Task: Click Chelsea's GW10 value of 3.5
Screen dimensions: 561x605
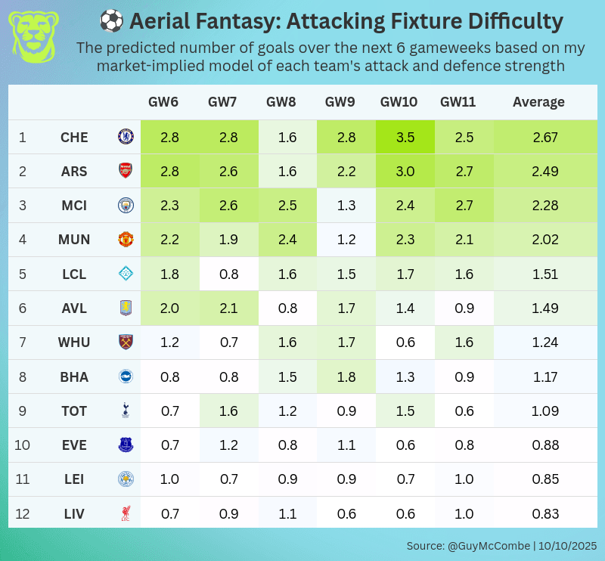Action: point(405,138)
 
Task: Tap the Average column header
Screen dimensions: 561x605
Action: point(538,102)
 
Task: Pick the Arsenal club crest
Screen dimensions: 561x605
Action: point(125,172)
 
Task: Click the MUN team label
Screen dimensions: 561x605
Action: point(74,240)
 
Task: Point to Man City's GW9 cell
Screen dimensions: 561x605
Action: point(346,206)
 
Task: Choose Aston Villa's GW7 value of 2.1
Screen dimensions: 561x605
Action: point(228,308)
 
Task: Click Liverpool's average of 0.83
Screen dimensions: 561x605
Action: point(544,513)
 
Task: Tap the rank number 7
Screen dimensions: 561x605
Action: point(23,342)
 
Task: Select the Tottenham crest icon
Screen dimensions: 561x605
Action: point(125,411)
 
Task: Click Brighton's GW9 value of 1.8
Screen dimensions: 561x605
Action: point(346,377)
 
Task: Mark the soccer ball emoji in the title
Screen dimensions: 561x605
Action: point(111,21)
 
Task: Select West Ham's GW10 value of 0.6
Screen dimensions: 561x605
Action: point(405,342)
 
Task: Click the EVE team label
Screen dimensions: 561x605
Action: point(74,445)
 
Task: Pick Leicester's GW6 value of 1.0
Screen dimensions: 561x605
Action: point(170,479)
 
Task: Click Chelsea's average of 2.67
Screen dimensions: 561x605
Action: point(544,138)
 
